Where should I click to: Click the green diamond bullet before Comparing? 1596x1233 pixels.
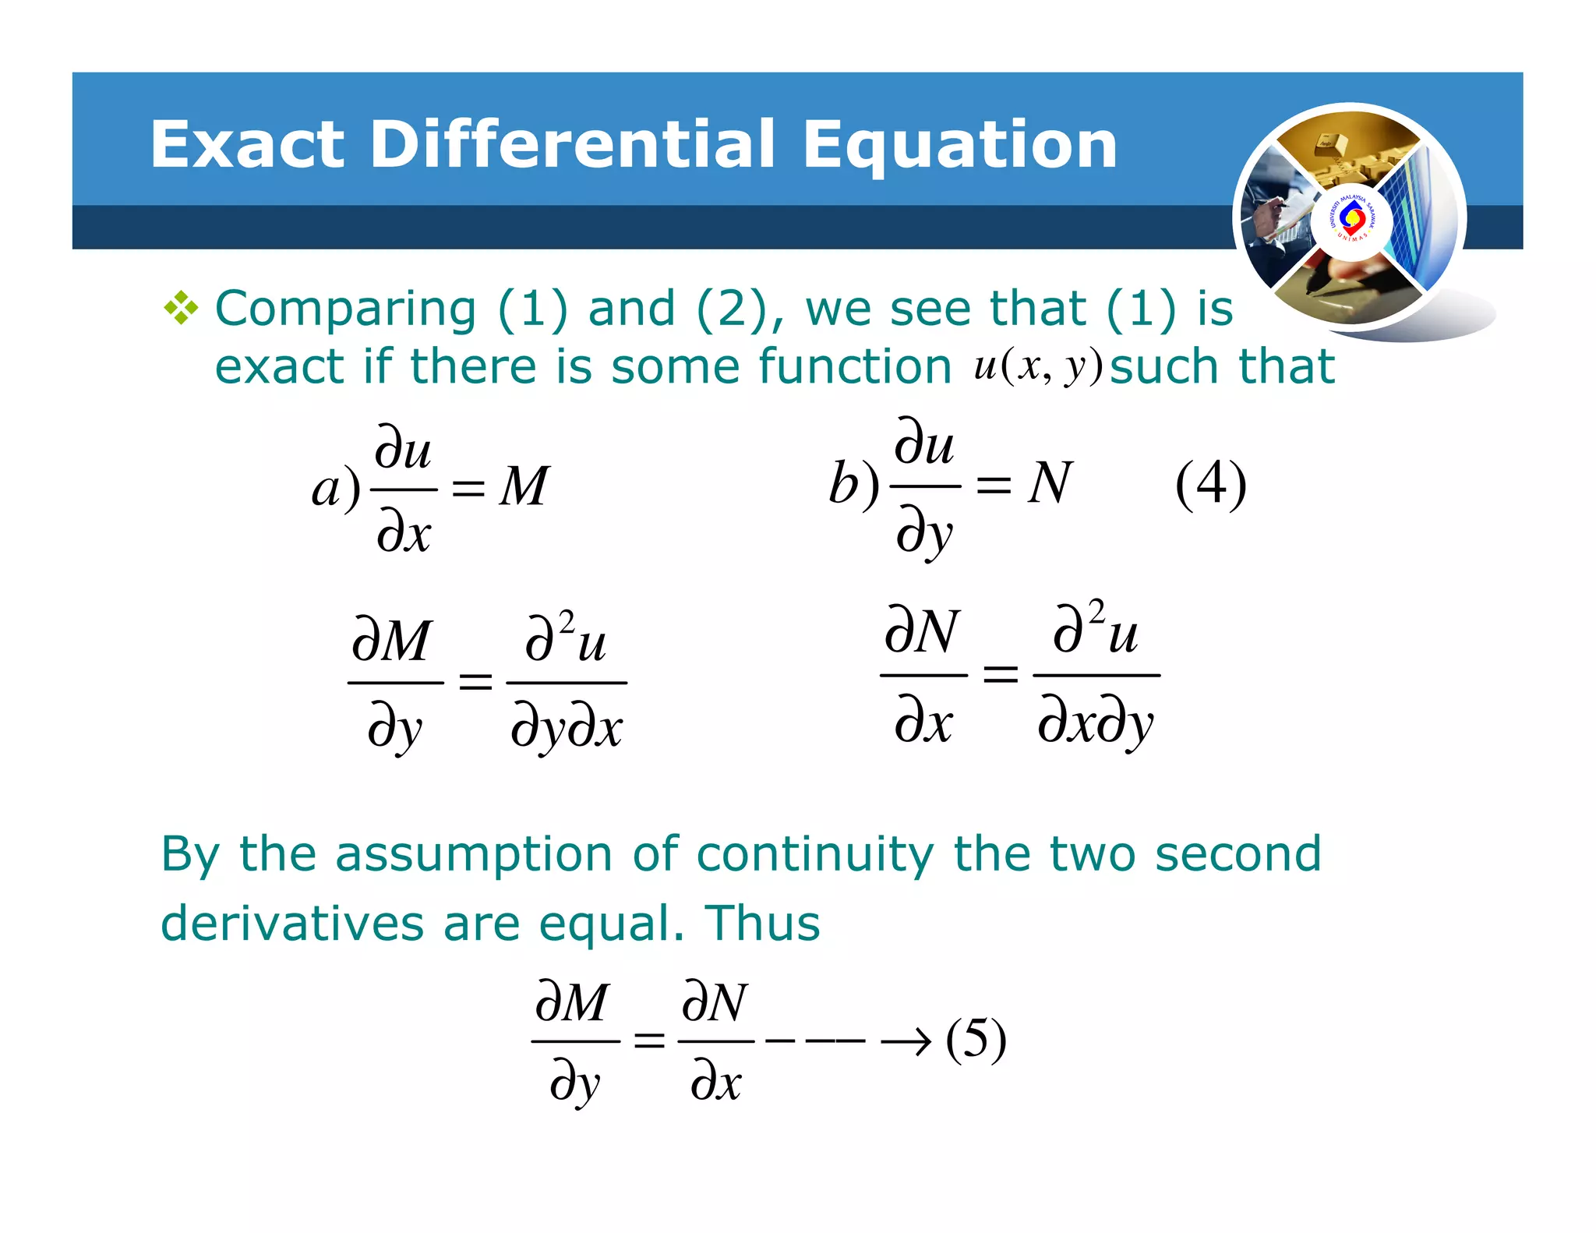181,309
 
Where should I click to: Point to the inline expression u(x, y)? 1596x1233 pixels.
1038,366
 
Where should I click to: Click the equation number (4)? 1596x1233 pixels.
1210,485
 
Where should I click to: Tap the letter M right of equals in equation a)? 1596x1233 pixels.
524,486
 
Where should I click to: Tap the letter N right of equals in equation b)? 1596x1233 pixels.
1050,483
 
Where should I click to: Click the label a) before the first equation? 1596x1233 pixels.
336,489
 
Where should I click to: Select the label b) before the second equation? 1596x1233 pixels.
854,485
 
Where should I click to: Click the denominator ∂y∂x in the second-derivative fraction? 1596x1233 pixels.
567,728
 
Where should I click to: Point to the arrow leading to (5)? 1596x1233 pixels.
906,1041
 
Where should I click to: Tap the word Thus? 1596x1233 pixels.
762,924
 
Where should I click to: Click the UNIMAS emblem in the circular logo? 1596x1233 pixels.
1351,219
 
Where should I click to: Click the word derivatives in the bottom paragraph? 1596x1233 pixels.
292,924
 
